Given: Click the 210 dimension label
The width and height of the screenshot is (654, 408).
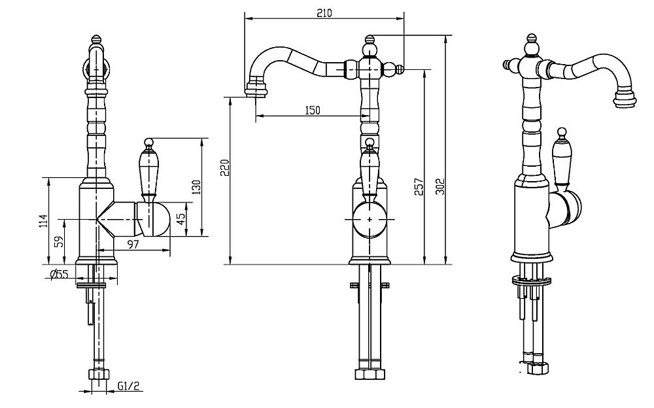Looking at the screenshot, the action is [324, 13].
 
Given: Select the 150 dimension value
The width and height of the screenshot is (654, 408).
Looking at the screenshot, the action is [313, 110].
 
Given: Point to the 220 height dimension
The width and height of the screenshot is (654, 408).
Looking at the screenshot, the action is [224, 167].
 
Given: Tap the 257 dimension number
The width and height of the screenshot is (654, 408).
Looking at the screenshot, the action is [419, 187].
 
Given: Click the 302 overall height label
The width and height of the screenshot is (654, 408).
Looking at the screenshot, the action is [441, 186].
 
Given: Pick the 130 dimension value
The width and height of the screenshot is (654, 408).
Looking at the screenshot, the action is [197, 187].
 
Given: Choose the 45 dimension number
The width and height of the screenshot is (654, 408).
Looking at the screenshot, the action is [181, 220].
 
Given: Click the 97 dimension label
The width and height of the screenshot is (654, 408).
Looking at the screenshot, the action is [133, 245].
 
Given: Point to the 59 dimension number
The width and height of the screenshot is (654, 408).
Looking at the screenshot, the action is [60, 241].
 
